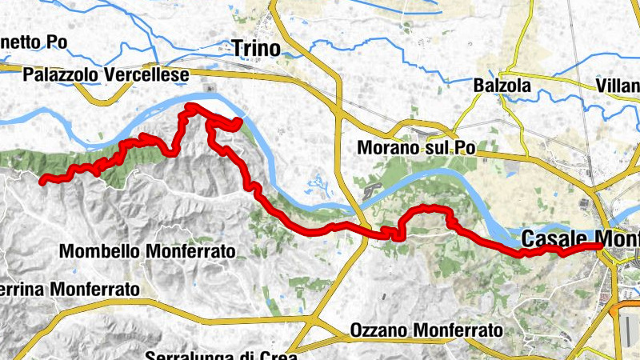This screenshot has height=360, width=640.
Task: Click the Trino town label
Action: tap(256, 49)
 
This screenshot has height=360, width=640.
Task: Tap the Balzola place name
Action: tap(502, 85)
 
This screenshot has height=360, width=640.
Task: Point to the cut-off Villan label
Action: tap(618, 86)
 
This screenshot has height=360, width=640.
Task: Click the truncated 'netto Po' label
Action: tap(34, 42)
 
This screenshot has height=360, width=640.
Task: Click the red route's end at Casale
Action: tap(599, 246)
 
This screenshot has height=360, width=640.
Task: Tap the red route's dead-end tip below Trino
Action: tap(238, 121)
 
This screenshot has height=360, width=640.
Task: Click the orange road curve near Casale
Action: tap(617, 308)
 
